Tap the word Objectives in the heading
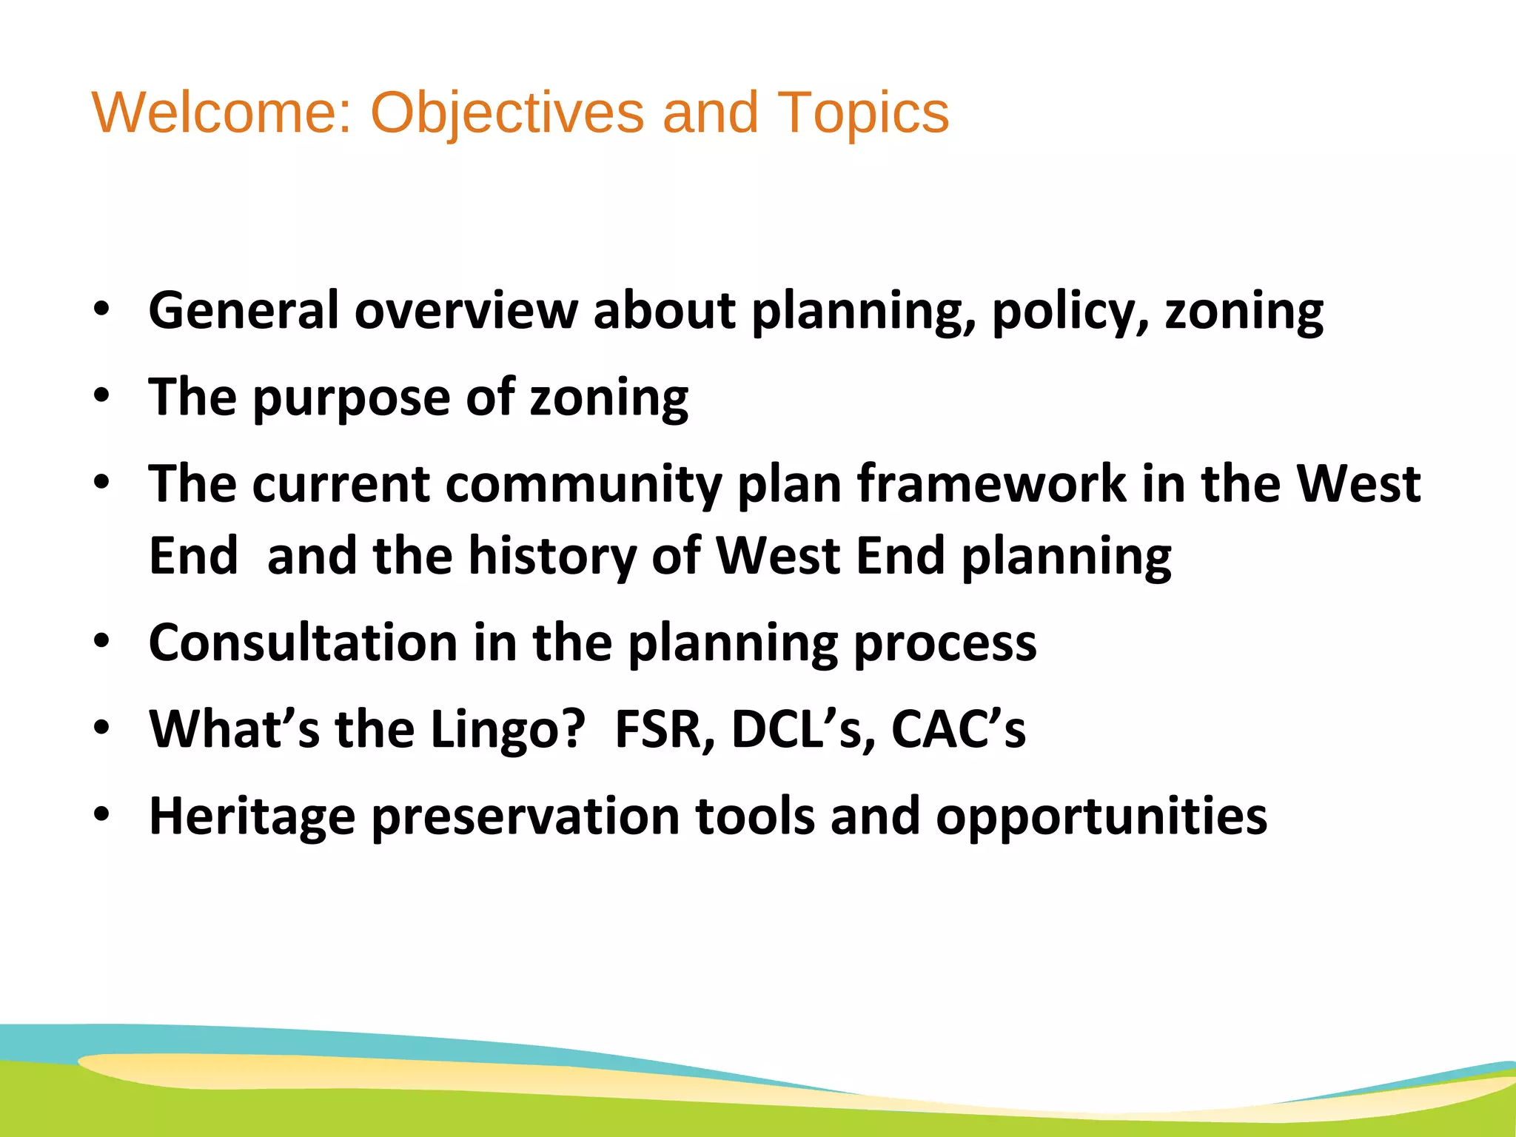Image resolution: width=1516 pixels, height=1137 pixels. [507, 113]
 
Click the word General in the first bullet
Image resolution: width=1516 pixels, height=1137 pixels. [244, 310]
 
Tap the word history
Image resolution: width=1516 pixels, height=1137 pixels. [552, 557]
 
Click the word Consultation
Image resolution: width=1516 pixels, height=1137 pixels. [303, 643]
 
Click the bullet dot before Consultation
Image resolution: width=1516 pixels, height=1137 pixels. [101, 641]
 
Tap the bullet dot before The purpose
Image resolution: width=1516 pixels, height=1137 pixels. [101, 396]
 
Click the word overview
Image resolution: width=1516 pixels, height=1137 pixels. [466, 310]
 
